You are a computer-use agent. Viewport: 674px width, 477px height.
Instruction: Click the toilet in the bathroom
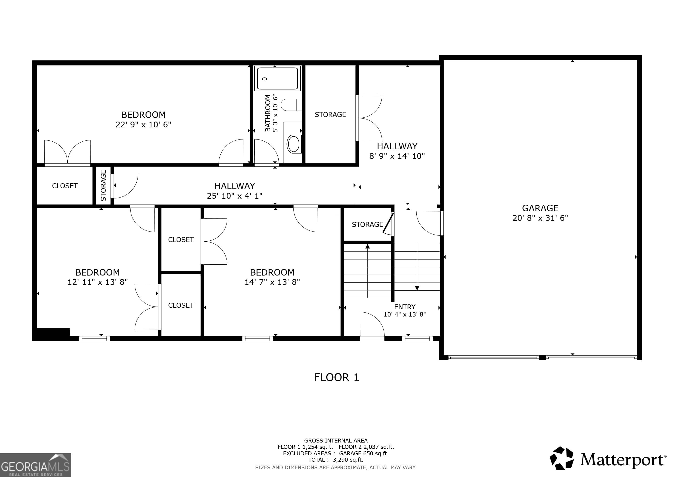(291, 105)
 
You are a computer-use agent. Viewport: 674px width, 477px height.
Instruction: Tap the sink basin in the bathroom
(294, 144)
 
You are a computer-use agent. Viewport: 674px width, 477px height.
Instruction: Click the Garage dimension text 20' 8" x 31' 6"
(540, 218)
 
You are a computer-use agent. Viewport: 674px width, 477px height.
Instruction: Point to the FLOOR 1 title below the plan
(336, 377)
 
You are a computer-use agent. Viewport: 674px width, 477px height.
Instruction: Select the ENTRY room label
(404, 307)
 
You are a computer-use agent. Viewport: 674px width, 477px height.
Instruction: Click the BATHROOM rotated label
(268, 113)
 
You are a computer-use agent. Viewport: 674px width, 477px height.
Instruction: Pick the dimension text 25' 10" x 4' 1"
(235, 196)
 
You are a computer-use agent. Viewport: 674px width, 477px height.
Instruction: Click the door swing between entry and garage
(429, 223)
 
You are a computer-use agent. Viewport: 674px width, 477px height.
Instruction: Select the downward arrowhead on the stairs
(417, 288)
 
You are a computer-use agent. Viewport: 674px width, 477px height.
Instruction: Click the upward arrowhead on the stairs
(367, 246)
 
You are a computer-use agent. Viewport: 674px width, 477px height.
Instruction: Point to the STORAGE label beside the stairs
(367, 224)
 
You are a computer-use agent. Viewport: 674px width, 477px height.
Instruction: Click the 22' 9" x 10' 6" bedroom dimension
(143, 125)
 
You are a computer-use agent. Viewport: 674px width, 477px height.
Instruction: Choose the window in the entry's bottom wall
(417, 338)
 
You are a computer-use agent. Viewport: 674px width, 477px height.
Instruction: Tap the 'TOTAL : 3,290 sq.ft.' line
(336, 460)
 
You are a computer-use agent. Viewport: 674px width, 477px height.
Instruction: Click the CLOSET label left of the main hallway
(64, 186)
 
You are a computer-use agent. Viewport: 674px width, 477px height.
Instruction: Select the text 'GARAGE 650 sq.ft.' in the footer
(364, 453)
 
